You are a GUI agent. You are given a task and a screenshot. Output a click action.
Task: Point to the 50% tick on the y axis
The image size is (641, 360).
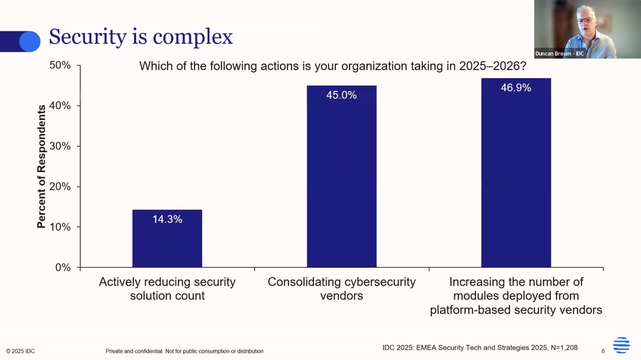(60, 65)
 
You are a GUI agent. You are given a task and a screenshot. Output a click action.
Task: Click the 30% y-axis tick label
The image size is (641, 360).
(60, 146)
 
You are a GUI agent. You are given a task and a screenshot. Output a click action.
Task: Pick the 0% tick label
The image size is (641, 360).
(63, 268)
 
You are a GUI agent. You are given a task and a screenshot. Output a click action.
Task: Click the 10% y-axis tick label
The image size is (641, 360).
(60, 227)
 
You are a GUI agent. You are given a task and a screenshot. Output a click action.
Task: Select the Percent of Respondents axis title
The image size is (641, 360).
(42, 166)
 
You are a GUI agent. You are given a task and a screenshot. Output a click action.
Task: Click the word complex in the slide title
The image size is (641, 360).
(193, 37)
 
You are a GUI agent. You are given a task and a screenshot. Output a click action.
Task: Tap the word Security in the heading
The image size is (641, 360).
(88, 37)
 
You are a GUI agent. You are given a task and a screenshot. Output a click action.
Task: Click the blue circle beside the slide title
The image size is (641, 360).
(30, 42)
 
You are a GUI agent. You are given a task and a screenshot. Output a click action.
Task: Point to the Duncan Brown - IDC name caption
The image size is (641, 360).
(559, 54)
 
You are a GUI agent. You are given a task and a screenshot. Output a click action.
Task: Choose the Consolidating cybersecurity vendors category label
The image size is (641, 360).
(341, 289)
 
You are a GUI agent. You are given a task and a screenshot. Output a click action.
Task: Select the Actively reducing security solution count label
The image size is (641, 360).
(167, 289)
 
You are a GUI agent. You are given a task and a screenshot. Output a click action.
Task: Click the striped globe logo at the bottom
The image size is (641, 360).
(621, 345)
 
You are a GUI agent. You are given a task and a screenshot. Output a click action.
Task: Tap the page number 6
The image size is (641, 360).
(603, 351)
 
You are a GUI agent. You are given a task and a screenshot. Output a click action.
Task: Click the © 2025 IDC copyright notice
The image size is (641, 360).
(20, 351)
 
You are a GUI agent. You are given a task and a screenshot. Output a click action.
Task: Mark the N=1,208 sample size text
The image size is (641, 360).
(564, 348)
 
